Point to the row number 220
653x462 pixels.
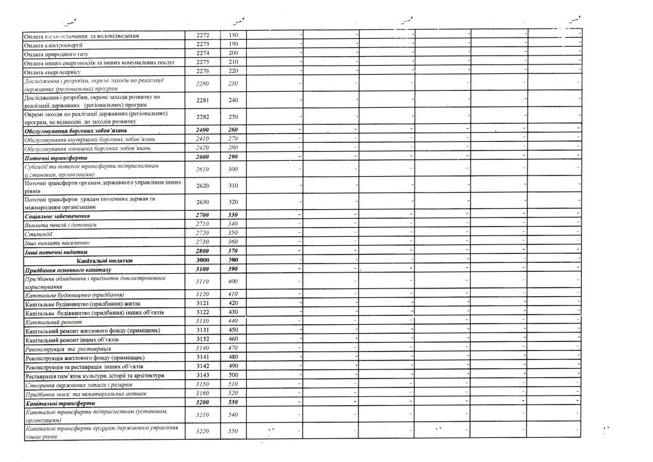click(233, 71)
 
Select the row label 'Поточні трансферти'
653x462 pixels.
click(55, 157)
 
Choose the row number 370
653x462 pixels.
click(233, 251)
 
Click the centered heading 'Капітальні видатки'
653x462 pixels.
click(105, 260)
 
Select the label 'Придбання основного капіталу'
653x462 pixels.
click(68, 270)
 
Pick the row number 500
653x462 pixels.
click(233, 375)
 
